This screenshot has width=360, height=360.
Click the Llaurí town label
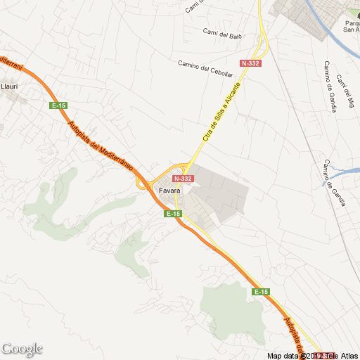(x=9, y=86)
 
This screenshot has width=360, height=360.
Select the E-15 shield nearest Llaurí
(x=58, y=105)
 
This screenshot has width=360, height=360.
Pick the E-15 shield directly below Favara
(x=174, y=213)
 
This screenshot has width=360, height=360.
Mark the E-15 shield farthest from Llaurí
(x=261, y=291)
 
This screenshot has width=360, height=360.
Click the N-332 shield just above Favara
(x=182, y=179)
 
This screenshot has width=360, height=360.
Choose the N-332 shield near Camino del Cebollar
(x=250, y=63)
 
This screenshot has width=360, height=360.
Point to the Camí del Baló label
(x=222, y=33)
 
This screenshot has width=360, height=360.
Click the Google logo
(x=22, y=349)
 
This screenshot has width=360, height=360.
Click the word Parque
(x=351, y=22)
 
